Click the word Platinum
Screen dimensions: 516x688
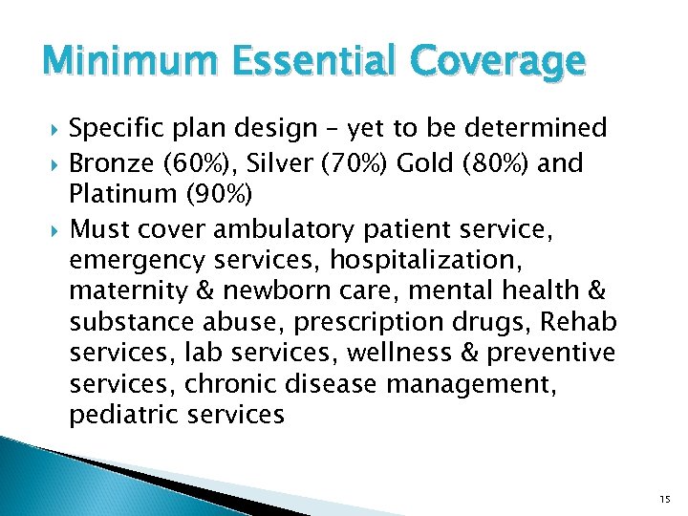(118, 197)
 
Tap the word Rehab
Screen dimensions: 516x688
(581, 323)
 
